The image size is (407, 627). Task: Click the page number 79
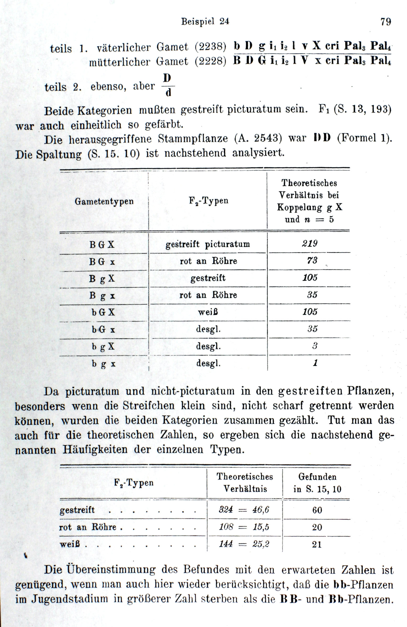[386, 21]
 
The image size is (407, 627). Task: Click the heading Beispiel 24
[205, 21]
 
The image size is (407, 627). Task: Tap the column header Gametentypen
[104, 202]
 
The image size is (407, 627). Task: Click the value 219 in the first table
[310, 244]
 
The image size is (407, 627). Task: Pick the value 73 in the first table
[312, 261]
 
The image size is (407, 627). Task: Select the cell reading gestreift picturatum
[208, 244]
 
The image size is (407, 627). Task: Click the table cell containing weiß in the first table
[208, 312]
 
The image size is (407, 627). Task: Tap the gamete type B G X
[102, 245]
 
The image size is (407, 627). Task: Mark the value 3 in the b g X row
[315, 346]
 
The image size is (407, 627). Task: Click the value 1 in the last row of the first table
[315, 363]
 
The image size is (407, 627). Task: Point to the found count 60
[317, 510]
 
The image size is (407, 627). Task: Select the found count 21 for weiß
[317, 544]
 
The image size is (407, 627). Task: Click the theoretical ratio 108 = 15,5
[244, 527]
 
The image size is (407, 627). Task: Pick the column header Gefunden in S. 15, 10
[317, 483]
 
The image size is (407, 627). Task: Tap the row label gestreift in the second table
[77, 510]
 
